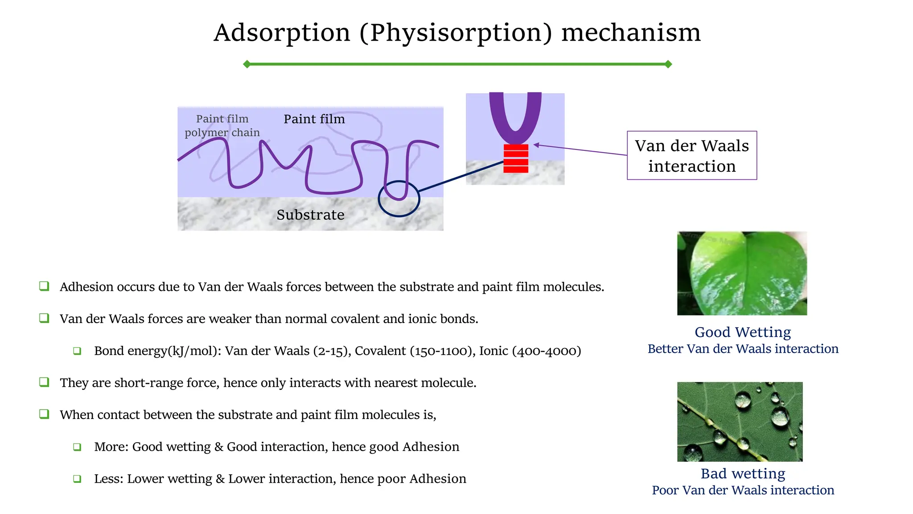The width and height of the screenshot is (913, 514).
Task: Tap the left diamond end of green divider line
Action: [247, 64]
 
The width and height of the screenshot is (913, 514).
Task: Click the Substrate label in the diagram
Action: [310, 215]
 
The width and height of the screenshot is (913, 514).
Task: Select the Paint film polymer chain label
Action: [222, 126]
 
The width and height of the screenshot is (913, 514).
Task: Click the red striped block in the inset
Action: [516, 158]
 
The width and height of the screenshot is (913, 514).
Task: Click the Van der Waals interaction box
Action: [691, 156]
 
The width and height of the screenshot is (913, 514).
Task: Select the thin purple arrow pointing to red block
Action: [580, 150]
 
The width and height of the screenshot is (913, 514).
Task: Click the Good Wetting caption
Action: [743, 332]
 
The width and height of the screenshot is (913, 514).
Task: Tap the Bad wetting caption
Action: [743, 473]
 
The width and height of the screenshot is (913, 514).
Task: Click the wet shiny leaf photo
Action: [742, 273]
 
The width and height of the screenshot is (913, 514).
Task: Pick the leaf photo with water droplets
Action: [740, 422]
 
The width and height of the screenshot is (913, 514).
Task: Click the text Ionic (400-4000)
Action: [530, 351]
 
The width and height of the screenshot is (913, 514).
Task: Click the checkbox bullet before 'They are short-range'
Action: [44, 382]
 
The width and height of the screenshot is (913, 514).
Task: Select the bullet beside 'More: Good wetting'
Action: [77, 447]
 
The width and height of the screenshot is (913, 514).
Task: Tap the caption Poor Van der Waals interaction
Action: [743, 490]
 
